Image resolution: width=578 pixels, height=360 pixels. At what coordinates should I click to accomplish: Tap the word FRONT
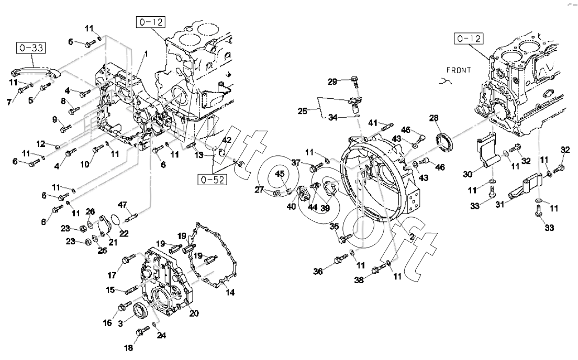(x=459, y=70)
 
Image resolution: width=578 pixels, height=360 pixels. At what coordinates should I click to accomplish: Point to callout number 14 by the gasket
(x=230, y=293)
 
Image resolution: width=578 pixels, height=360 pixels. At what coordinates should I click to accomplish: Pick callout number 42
(x=227, y=140)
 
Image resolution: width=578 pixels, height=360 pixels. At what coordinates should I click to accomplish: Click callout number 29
(x=332, y=81)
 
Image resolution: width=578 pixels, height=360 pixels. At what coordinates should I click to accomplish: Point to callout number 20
(x=194, y=313)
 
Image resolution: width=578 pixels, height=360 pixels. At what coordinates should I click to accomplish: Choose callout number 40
(x=291, y=206)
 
